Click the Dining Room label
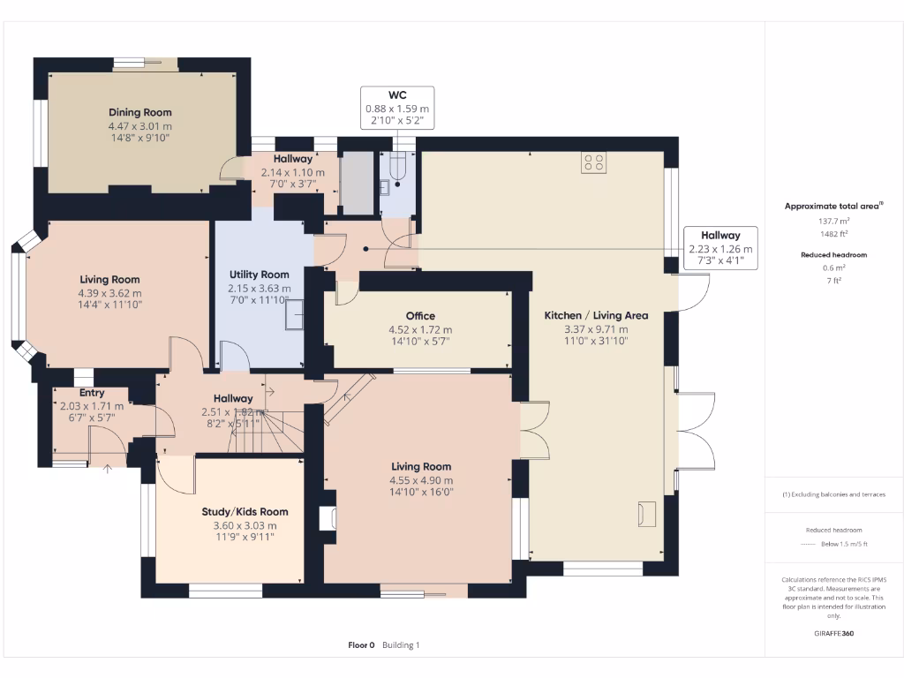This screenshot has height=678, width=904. tap(140, 112)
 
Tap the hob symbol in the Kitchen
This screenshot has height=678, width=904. tap(594, 162)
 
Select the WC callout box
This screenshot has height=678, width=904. tap(397, 108)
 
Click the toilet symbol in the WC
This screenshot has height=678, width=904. tap(397, 169)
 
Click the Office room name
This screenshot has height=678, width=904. tap(420, 315)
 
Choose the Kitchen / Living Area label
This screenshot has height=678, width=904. tap(596, 315)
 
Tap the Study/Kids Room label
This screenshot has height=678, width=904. tap(245, 511)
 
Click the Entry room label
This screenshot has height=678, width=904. tap(92, 393)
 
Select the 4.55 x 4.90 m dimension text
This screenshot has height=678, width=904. tap(421, 480)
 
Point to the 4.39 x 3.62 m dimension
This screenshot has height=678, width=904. tap(109, 293)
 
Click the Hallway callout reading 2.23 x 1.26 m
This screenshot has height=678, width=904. tap(720, 248)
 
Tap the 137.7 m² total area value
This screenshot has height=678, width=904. tap(832, 222)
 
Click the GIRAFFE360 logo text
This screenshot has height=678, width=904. tap(833, 633)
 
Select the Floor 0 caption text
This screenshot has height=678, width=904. tap(362, 645)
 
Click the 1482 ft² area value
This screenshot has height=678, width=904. tap(832, 234)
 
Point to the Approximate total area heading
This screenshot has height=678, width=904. tap(832, 206)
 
